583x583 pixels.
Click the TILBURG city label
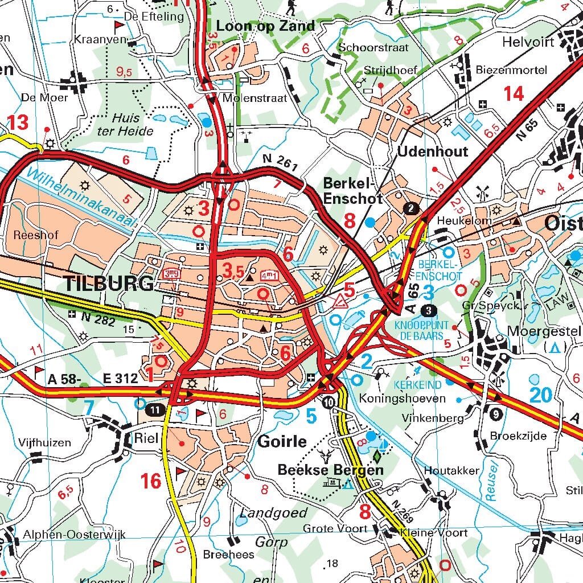click(109, 283)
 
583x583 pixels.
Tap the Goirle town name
click(282, 441)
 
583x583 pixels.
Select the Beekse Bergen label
click(330, 470)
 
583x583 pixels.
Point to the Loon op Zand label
click(265, 26)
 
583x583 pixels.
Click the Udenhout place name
click(433, 151)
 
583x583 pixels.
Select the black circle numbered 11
click(154, 409)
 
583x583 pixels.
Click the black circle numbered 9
click(495, 414)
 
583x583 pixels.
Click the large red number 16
click(151, 481)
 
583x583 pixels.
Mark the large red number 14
click(514, 93)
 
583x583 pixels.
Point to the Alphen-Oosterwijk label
click(74, 535)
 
